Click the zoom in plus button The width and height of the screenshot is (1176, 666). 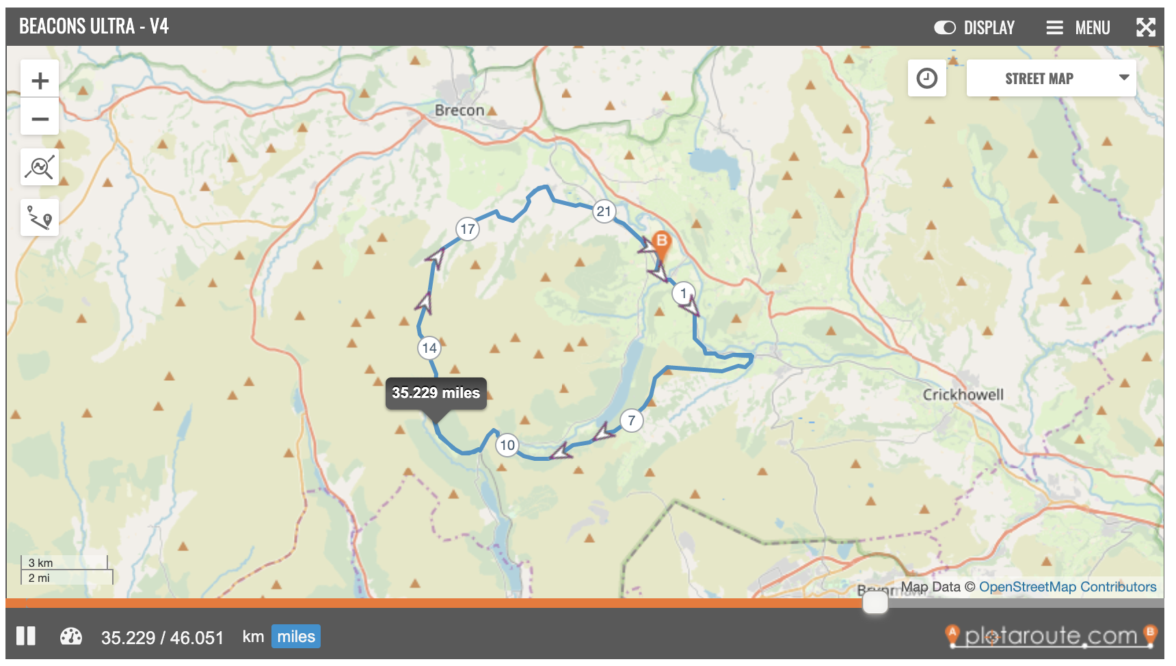(40, 81)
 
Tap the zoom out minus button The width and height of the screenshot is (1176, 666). (40, 119)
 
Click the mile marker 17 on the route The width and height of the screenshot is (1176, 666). (468, 229)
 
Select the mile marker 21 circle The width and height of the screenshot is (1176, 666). (604, 211)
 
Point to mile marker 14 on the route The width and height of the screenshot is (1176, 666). (429, 348)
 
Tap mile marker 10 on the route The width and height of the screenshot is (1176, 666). (507, 445)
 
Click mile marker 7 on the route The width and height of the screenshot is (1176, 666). (632, 421)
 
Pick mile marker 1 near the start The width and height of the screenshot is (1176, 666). (683, 293)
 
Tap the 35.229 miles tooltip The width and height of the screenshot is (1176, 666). (436, 393)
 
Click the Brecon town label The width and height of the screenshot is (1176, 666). (459, 110)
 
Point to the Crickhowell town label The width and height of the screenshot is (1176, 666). (963, 395)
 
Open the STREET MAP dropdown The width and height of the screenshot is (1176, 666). (1051, 79)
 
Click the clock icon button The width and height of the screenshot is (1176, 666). (927, 79)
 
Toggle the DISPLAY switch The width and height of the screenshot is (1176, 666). (945, 27)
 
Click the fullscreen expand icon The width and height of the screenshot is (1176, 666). (1146, 27)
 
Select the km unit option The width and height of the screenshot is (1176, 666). (253, 637)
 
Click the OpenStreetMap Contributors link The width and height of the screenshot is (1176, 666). (1067, 587)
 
